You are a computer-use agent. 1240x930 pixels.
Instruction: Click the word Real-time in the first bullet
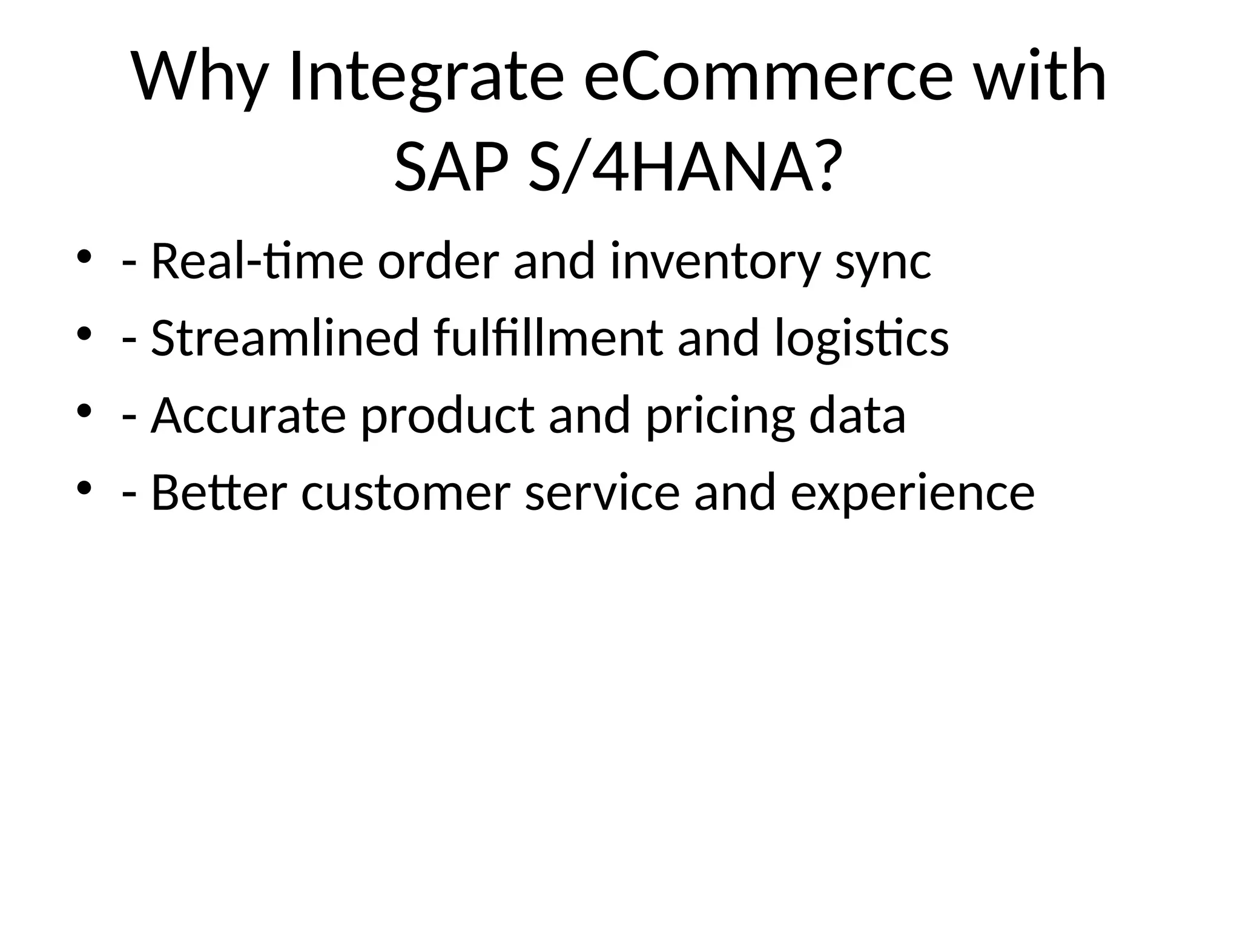coord(257,262)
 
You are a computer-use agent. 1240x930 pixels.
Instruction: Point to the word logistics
coord(862,339)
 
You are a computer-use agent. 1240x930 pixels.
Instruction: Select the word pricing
coord(720,417)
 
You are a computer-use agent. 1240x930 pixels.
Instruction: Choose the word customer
coord(406,494)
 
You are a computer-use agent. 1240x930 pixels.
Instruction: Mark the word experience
coord(912,494)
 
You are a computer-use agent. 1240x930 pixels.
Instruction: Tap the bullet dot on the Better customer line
coord(84,487)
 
